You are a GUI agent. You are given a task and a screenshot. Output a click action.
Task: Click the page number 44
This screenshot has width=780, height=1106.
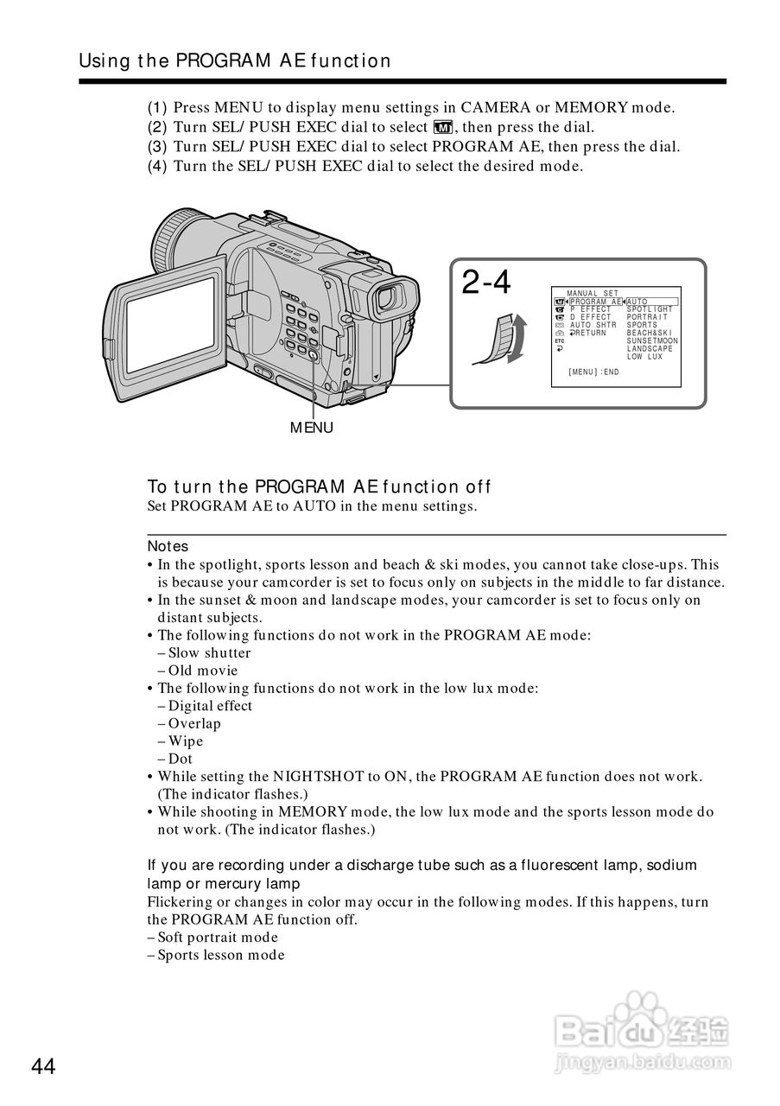pos(43,1066)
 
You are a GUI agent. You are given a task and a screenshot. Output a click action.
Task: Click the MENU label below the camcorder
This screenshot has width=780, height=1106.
pos(311,428)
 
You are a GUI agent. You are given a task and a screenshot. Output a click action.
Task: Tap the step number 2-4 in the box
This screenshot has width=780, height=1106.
pos(486,283)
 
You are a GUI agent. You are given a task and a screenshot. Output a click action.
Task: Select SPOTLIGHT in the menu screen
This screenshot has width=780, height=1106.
pos(650,309)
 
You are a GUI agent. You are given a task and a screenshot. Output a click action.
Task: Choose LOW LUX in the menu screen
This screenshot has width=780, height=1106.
pos(644,357)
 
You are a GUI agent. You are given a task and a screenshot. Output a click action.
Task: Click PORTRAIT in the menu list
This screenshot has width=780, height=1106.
pos(647,317)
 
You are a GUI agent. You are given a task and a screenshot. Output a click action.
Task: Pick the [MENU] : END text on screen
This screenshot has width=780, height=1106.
pos(593,372)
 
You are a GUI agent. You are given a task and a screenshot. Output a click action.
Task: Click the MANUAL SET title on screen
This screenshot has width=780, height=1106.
pos(593,294)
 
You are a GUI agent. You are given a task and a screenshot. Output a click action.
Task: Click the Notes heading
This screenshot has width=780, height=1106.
pos(168,546)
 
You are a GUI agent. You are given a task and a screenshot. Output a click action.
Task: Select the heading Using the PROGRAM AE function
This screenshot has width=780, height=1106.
pos(235,60)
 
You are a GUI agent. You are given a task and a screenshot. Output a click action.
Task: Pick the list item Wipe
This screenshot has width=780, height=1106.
pos(185,741)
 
